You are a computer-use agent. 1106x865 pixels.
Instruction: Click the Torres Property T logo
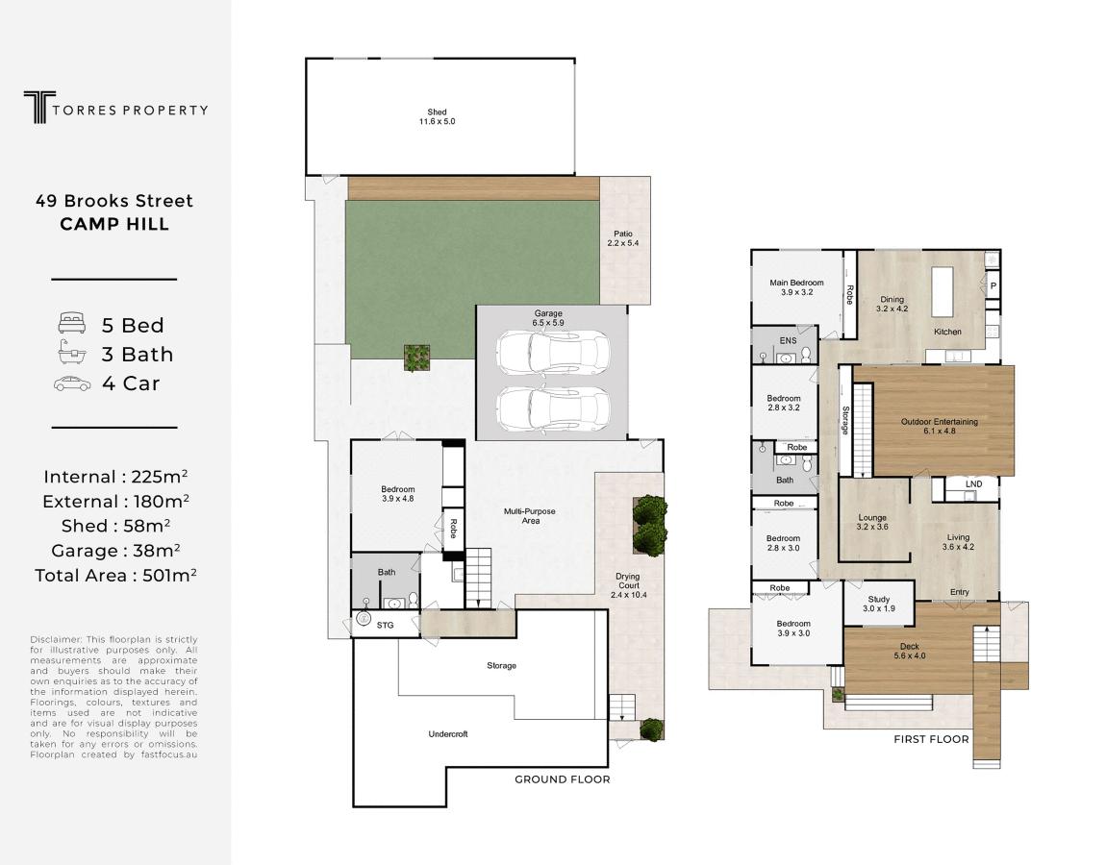coord(39,107)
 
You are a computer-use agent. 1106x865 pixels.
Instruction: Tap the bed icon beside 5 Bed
coord(72,324)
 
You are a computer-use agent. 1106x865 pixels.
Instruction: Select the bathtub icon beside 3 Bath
coord(72,353)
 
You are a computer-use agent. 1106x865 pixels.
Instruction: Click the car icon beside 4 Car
coord(72,383)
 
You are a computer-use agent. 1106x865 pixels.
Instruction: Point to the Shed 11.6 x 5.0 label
coord(438,116)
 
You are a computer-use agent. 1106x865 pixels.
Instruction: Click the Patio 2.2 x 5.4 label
coord(623,238)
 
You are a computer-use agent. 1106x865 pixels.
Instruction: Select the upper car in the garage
coord(553,353)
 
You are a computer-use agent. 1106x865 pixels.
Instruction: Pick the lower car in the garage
coord(553,408)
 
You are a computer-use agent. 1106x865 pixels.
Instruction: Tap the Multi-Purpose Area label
coord(530,516)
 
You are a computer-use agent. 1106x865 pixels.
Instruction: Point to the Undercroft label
coord(448,734)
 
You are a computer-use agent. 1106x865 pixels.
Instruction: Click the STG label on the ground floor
coord(385,626)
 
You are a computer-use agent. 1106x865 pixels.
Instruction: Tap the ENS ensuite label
coord(788,340)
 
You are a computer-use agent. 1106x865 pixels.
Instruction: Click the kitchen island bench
coord(943,292)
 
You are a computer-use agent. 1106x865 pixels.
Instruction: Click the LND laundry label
coord(973,484)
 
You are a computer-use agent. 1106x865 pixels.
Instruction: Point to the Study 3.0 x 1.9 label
coord(879,604)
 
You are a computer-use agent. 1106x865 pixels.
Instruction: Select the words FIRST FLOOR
coord(931,739)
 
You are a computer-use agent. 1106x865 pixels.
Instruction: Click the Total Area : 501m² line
coord(115,576)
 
